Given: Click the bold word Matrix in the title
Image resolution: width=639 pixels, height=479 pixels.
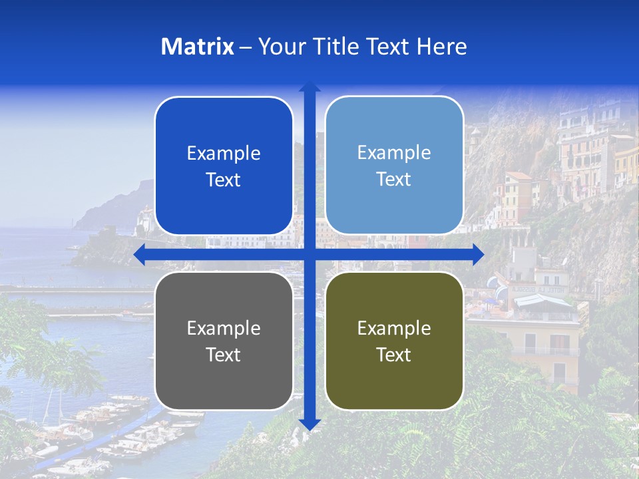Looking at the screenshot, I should pyautogui.click(x=198, y=47).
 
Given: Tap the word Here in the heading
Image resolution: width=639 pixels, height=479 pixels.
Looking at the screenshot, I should pyautogui.click(x=441, y=47).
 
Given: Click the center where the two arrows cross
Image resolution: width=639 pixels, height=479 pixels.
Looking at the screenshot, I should pyautogui.click(x=310, y=255).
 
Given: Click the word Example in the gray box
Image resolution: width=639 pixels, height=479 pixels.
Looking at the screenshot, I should pyautogui.click(x=224, y=328).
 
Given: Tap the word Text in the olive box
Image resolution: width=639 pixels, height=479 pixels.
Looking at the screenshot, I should pyautogui.click(x=394, y=355).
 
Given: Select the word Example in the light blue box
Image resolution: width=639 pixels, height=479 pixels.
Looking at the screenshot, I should pyautogui.click(x=394, y=152).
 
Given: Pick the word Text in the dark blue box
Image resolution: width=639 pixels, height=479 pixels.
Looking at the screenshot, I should pyautogui.click(x=224, y=180).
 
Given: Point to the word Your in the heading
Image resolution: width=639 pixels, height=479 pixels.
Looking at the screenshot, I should pyautogui.click(x=280, y=47).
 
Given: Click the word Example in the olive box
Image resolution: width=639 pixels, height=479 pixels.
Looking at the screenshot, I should pyautogui.click(x=394, y=328).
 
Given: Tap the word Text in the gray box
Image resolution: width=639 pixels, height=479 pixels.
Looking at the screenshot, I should pyautogui.click(x=224, y=355).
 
